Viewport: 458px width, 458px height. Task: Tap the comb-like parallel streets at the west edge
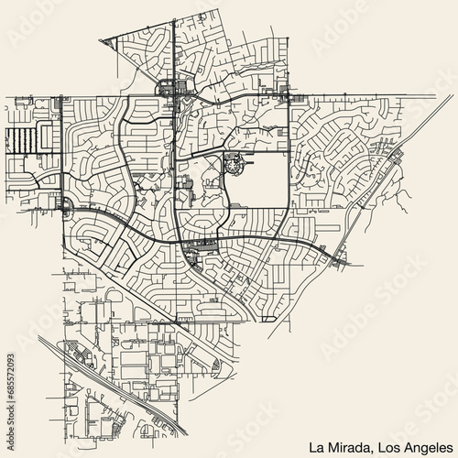pos(20,140)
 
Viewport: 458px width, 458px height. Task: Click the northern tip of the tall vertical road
pos(173,13)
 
